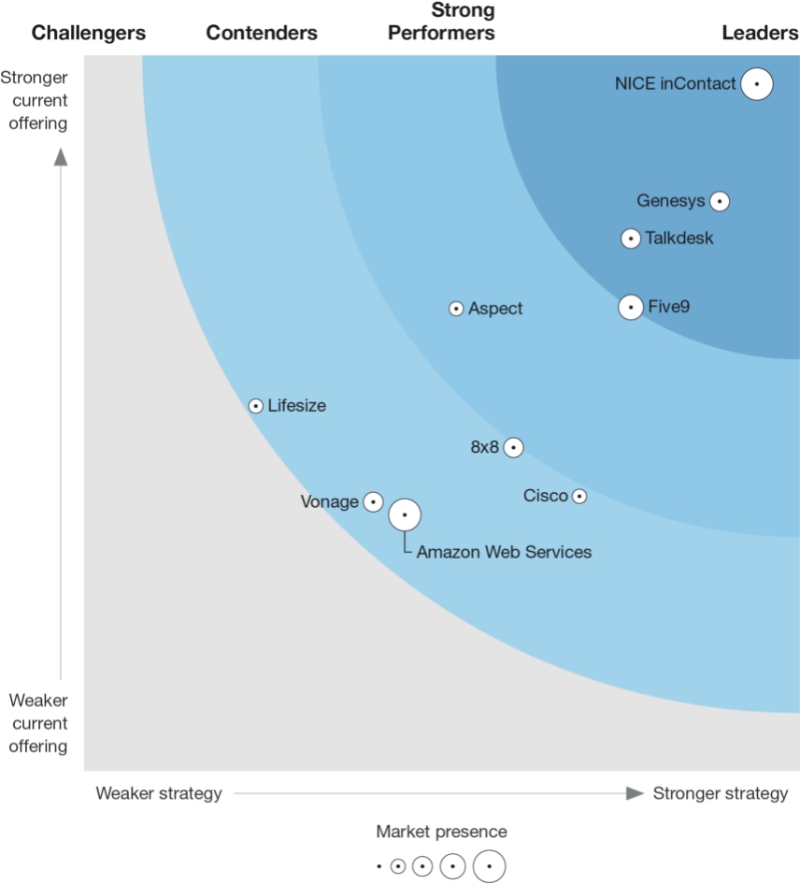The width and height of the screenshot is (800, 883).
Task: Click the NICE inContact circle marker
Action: pyautogui.click(x=757, y=84)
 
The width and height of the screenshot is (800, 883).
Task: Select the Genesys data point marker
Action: pyautogui.click(x=719, y=201)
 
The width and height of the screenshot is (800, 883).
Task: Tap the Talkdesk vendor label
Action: pyautogui.click(x=679, y=239)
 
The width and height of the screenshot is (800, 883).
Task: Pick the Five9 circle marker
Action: pyautogui.click(x=631, y=307)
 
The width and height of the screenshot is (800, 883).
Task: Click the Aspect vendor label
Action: pyautogui.click(x=495, y=309)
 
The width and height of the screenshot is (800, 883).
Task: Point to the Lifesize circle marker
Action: pyautogui.click(x=256, y=406)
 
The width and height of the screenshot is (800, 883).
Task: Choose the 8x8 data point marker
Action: pyautogui.click(x=512, y=447)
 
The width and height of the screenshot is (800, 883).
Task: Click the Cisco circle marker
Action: pyautogui.click(x=579, y=496)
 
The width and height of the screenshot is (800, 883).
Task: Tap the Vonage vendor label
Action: pyautogui.click(x=329, y=502)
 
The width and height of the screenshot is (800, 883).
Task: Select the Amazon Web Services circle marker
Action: pyautogui.click(x=405, y=514)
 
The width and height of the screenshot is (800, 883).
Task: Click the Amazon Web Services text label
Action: pyautogui.click(x=504, y=553)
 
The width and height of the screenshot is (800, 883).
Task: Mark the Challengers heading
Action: pyautogui.click(x=89, y=34)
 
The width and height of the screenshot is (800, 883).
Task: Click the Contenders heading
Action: pyautogui.click(x=262, y=34)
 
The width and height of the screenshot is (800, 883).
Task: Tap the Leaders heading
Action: pyautogui.click(x=760, y=34)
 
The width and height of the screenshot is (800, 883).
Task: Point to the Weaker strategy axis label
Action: pyautogui.click(x=159, y=794)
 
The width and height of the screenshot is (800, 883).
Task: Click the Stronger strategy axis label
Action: pyautogui.click(x=721, y=794)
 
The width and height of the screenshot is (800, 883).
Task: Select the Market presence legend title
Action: pyautogui.click(x=441, y=832)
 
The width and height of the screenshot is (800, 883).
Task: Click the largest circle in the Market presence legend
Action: pyautogui.click(x=489, y=866)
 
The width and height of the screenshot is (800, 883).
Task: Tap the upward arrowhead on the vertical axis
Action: pyautogui.click(x=61, y=155)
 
